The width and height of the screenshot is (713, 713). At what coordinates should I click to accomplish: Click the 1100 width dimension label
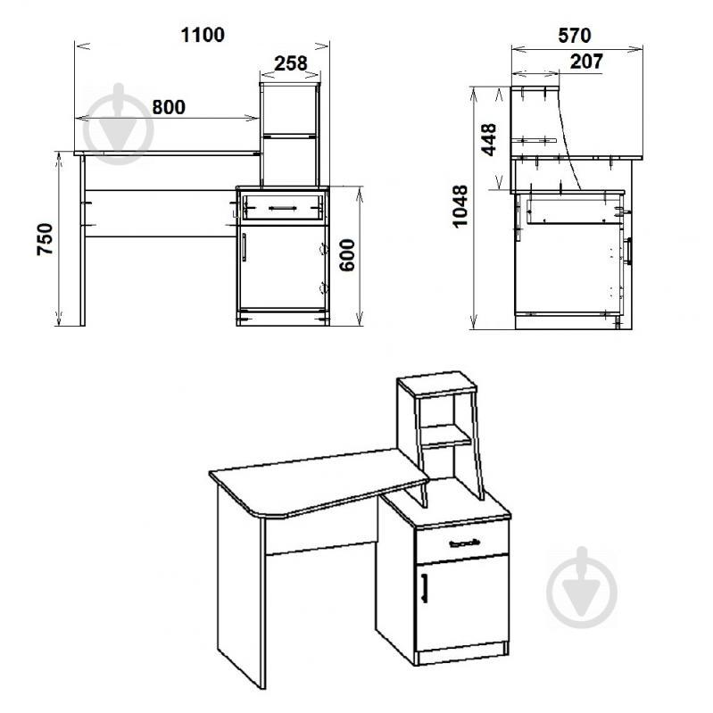pos(203,35)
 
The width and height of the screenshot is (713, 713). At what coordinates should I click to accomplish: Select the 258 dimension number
pos(291,63)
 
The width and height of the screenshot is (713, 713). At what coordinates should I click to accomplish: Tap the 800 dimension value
pos(169,107)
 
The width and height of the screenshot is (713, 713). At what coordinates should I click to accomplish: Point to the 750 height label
pos(45,239)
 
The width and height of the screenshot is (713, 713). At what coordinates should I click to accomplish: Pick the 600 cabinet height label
pos(347,255)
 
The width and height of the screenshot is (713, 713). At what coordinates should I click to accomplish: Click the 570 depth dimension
pos(575,36)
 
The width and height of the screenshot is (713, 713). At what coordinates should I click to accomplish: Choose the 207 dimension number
pos(586,62)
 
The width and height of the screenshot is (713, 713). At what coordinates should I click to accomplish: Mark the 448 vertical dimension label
pos(489,139)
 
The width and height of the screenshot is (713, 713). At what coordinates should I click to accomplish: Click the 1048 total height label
pos(460,206)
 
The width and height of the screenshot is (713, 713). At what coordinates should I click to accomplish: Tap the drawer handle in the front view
pos(283,208)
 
